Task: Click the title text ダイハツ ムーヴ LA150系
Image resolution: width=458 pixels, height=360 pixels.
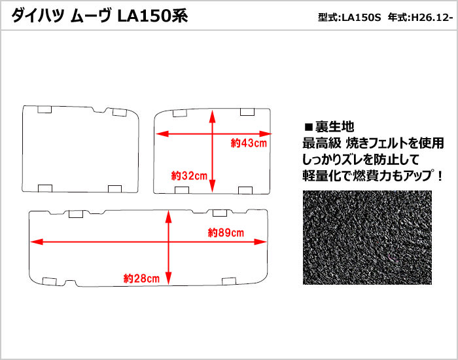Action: click(x=99, y=16)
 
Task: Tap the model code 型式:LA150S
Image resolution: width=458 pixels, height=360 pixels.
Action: click(x=349, y=18)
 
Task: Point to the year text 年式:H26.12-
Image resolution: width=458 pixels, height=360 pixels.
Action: click(x=420, y=18)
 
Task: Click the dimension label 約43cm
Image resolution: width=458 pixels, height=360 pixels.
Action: click(x=249, y=143)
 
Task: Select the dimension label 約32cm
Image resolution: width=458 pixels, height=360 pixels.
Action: click(x=189, y=175)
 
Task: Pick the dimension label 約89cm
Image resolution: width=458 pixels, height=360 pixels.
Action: click(x=226, y=233)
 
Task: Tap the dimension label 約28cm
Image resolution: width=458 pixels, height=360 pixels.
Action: click(x=141, y=278)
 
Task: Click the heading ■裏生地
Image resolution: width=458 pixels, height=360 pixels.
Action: click(x=329, y=126)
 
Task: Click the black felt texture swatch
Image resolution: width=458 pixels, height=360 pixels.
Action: click(x=367, y=238)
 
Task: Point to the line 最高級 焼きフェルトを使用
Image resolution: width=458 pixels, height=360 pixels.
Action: click(x=373, y=143)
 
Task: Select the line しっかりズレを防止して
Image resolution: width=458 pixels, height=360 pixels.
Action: click(x=361, y=159)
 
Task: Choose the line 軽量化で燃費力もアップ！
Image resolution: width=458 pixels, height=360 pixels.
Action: click(x=373, y=175)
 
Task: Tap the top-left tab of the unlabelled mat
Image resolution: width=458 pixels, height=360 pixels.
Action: click(x=44, y=109)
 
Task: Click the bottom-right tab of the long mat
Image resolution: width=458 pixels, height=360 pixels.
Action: click(x=229, y=281)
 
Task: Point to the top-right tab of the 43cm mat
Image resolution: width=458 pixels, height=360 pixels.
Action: click(x=247, y=112)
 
